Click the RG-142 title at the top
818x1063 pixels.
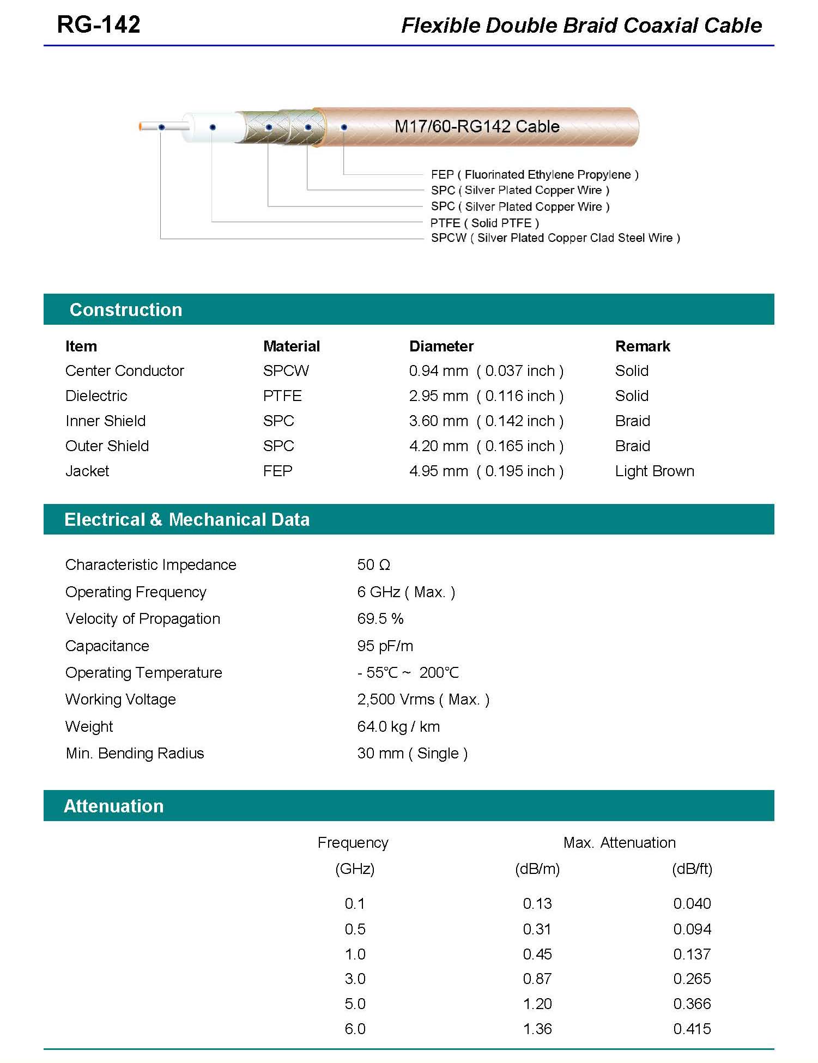[x=99, y=25]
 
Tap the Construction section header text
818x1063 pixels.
[x=125, y=309]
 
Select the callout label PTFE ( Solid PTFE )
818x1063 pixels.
[x=484, y=223]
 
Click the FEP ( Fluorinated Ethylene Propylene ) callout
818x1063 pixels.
[x=534, y=174]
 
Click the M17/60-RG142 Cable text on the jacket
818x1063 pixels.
[x=477, y=126]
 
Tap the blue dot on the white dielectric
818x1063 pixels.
[x=213, y=127]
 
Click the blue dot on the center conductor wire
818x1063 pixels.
[x=162, y=127]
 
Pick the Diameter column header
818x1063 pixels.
[x=441, y=346]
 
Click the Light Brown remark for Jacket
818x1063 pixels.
[x=655, y=471]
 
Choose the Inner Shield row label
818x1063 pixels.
[x=105, y=421]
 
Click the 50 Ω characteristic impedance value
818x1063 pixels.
[x=373, y=564]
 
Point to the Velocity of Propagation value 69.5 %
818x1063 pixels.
[x=380, y=618]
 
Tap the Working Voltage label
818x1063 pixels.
[x=120, y=699]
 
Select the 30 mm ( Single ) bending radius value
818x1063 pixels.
[x=412, y=753]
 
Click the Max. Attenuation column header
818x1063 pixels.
[x=619, y=842]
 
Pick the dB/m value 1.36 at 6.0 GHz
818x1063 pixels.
[x=537, y=1029]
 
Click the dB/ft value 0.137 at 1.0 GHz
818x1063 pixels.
[x=692, y=954]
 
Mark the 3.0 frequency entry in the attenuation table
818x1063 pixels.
[x=355, y=979]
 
